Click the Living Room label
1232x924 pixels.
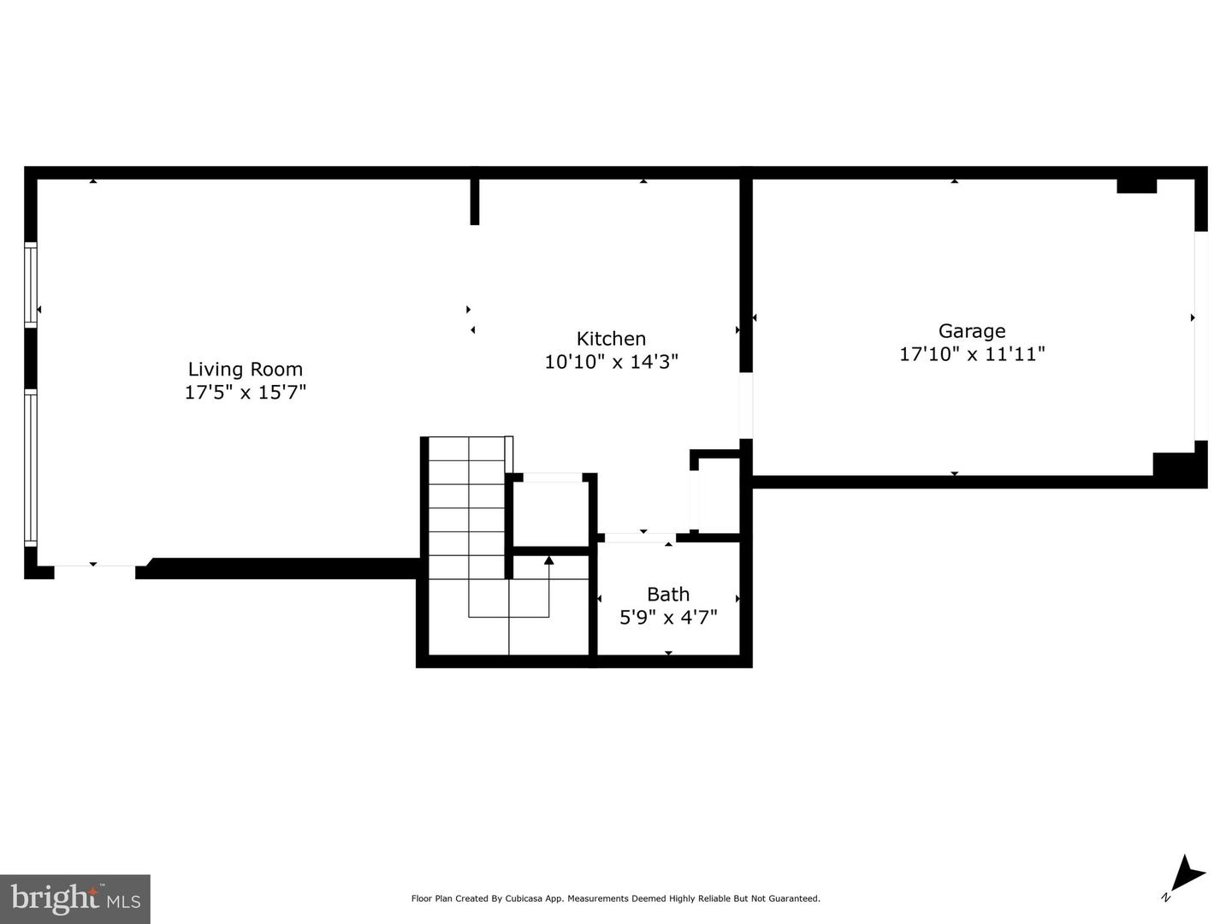click(246, 370)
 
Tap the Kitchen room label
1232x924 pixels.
click(611, 339)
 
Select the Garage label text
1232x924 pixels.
click(972, 331)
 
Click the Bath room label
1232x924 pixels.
click(668, 595)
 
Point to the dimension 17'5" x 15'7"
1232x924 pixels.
click(246, 393)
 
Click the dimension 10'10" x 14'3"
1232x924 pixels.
click(611, 362)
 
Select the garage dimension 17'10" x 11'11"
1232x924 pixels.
click(972, 354)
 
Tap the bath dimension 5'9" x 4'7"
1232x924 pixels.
click(668, 617)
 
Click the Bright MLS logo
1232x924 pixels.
click(75, 898)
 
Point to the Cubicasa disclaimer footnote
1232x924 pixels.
click(615, 898)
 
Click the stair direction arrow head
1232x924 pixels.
click(548, 560)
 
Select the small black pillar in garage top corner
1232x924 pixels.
click(1136, 186)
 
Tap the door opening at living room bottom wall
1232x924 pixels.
click(94, 571)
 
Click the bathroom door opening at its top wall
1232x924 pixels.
click(640, 538)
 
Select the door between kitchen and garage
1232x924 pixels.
click(745, 406)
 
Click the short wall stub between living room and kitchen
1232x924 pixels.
click(475, 202)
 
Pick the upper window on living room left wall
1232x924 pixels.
click(31, 284)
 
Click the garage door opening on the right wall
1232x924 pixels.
click(1200, 335)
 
